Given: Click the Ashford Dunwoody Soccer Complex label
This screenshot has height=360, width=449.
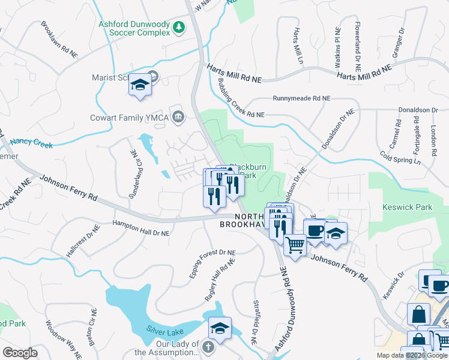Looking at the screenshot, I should pyautogui.click(x=134, y=28).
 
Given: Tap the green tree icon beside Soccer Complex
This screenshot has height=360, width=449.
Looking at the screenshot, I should pyautogui.click(x=178, y=28).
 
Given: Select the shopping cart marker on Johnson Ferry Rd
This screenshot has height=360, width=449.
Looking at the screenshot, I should pyautogui.click(x=295, y=245).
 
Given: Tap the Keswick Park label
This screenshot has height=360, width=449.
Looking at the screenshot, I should pyautogui.click(x=407, y=208).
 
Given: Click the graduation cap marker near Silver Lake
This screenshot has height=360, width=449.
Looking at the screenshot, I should pyautogui.click(x=220, y=328).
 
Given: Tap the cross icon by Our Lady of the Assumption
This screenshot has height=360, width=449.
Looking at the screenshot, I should pyautogui.click(x=207, y=347).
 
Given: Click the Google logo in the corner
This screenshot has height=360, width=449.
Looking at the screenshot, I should pyautogui.click(x=20, y=353).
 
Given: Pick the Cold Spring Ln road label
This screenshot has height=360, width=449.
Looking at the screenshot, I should pyautogui.click(x=401, y=157).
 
